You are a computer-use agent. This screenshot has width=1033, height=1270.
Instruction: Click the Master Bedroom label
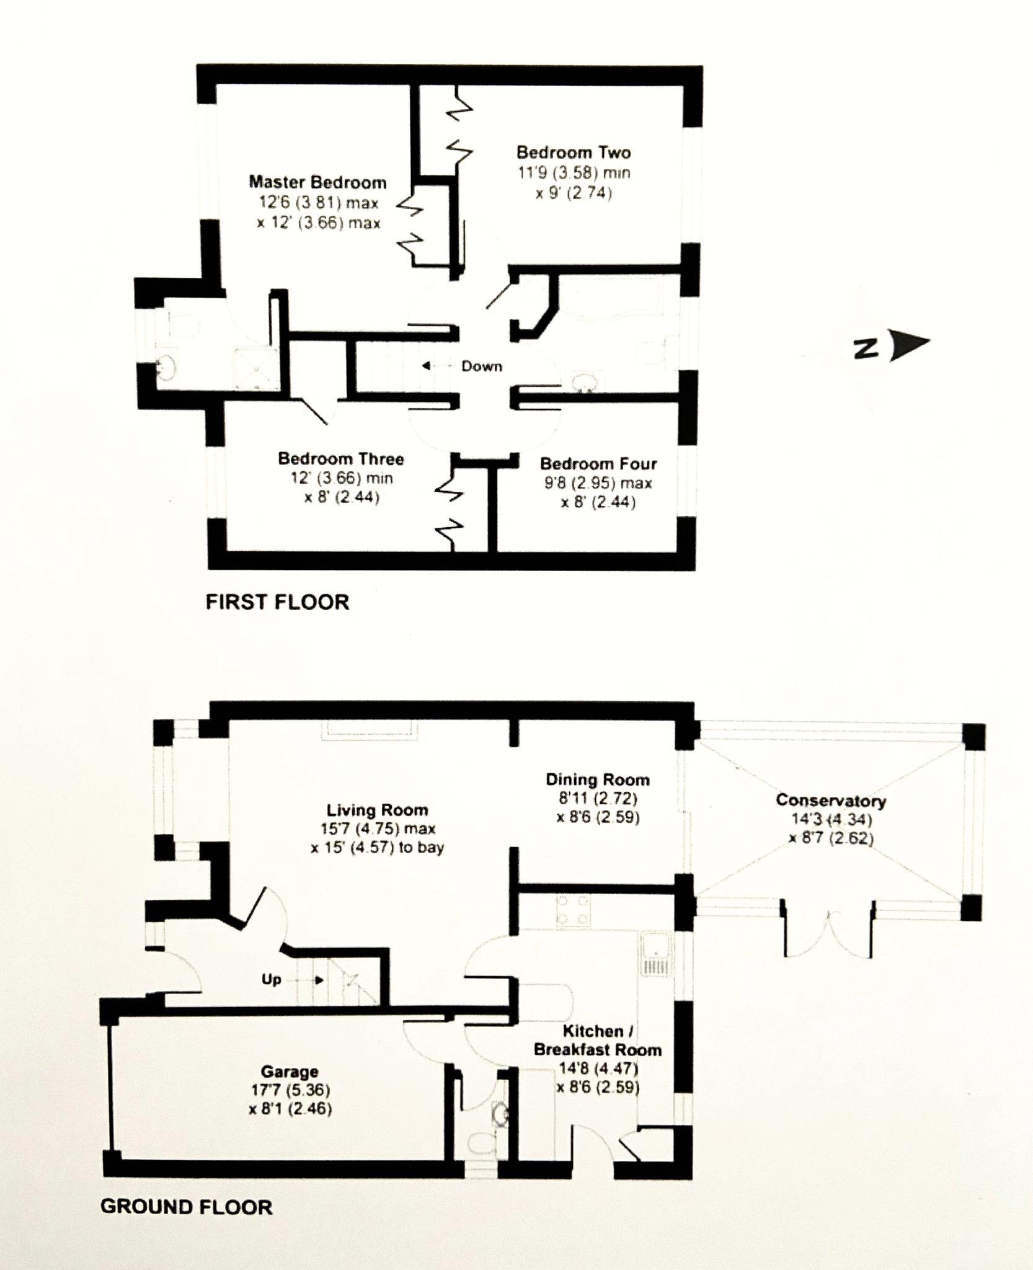point(317,182)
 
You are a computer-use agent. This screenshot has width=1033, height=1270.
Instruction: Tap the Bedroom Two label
point(574,153)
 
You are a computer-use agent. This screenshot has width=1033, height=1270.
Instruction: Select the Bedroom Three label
point(340,459)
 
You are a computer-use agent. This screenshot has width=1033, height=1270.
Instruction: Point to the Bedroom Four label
point(598,464)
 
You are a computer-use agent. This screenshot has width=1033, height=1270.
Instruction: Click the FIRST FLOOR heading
point(277,602)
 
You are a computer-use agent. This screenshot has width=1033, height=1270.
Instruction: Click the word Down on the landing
point(481,366)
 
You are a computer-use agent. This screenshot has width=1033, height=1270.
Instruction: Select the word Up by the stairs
point(272,997)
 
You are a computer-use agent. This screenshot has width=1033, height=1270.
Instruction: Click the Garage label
point(290,1071)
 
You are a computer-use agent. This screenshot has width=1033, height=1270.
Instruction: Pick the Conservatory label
point(831,800)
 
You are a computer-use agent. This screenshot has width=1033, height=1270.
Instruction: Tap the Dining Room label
point(597,779)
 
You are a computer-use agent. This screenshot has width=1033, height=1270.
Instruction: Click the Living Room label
point(377,810)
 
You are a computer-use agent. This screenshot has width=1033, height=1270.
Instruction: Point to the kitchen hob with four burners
point(573,911)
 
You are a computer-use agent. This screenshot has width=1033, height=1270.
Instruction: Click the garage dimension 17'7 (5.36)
point(290,1090)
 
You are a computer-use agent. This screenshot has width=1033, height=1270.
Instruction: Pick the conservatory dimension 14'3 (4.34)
point(831,819)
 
